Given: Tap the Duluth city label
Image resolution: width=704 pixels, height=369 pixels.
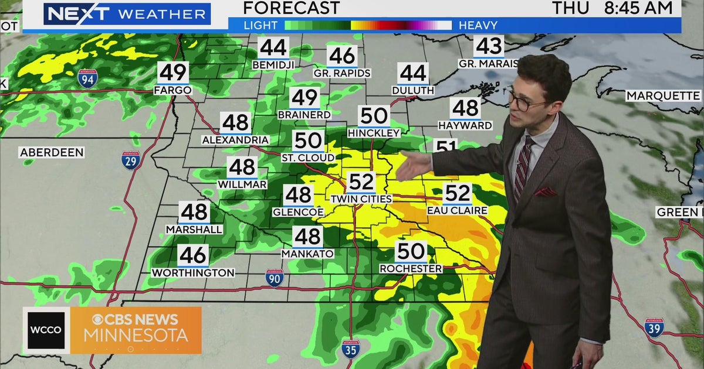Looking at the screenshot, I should (412, 90).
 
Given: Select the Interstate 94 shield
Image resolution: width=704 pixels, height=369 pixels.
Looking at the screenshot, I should (87, 78).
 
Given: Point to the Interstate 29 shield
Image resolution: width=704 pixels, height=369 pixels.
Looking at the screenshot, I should (131, 160).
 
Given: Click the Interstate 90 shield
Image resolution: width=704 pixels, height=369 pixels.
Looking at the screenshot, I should (275, 278).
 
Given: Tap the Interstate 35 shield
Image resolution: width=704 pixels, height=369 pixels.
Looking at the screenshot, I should (350, 348).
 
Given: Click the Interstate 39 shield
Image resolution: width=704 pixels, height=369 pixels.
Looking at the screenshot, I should (654, 327).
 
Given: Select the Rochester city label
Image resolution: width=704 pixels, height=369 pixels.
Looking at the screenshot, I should (411, 268).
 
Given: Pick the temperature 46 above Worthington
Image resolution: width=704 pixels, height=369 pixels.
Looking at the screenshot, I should (193, 255).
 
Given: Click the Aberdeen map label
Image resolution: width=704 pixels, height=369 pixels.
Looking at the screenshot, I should (52, 152).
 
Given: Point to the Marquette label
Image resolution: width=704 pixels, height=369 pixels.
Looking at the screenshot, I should (663, 95).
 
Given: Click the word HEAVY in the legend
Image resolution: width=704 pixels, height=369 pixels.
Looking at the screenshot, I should (478, 25).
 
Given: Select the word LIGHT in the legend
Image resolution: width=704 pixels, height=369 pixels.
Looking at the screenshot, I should (260, 25).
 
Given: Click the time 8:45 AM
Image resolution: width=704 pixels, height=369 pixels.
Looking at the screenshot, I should (638, 8).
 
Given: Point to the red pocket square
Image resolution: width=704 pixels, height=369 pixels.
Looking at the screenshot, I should (544, 191).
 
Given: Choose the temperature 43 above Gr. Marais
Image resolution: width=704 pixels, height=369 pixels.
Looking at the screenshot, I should (489, 46).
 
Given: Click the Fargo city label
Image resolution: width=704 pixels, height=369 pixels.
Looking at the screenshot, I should (172, 90).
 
